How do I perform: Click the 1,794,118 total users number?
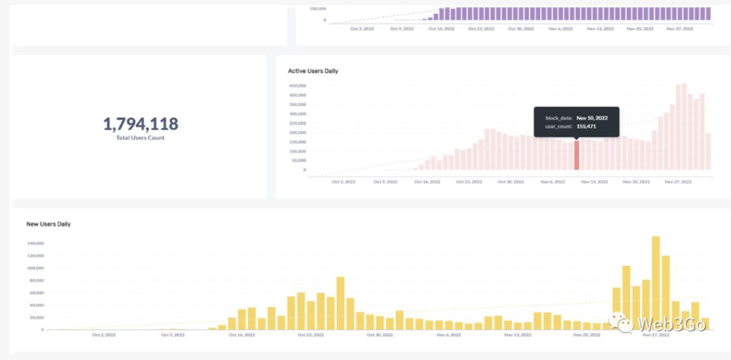(x=141, y=124)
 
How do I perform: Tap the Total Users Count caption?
(x=140, y=138)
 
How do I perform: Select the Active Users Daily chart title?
(x=313, y=71)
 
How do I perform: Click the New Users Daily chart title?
(x=48, y=224)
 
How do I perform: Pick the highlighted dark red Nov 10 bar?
(x=576, y=155)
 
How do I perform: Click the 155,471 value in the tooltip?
(x=586, y=127)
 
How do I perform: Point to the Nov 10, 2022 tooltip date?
(x=592, y=118)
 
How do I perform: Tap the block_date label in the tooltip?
(x=559, y=118)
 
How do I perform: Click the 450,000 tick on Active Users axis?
(x=298, y=86)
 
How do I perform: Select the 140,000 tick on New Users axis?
(x=35, y=243)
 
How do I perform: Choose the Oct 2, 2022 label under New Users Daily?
(x=104, y=335)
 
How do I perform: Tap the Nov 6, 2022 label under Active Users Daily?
(x=552, y=182)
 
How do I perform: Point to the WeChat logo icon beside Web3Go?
(x=621, y=323)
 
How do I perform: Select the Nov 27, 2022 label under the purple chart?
(x=679, y=29)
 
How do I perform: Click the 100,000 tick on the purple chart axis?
(x=318, y=8)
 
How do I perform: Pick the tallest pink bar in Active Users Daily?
(x=684, y=127)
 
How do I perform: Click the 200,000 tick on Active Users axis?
(x=298, y=132)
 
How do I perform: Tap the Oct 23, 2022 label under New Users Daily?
(x=310, y=335)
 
